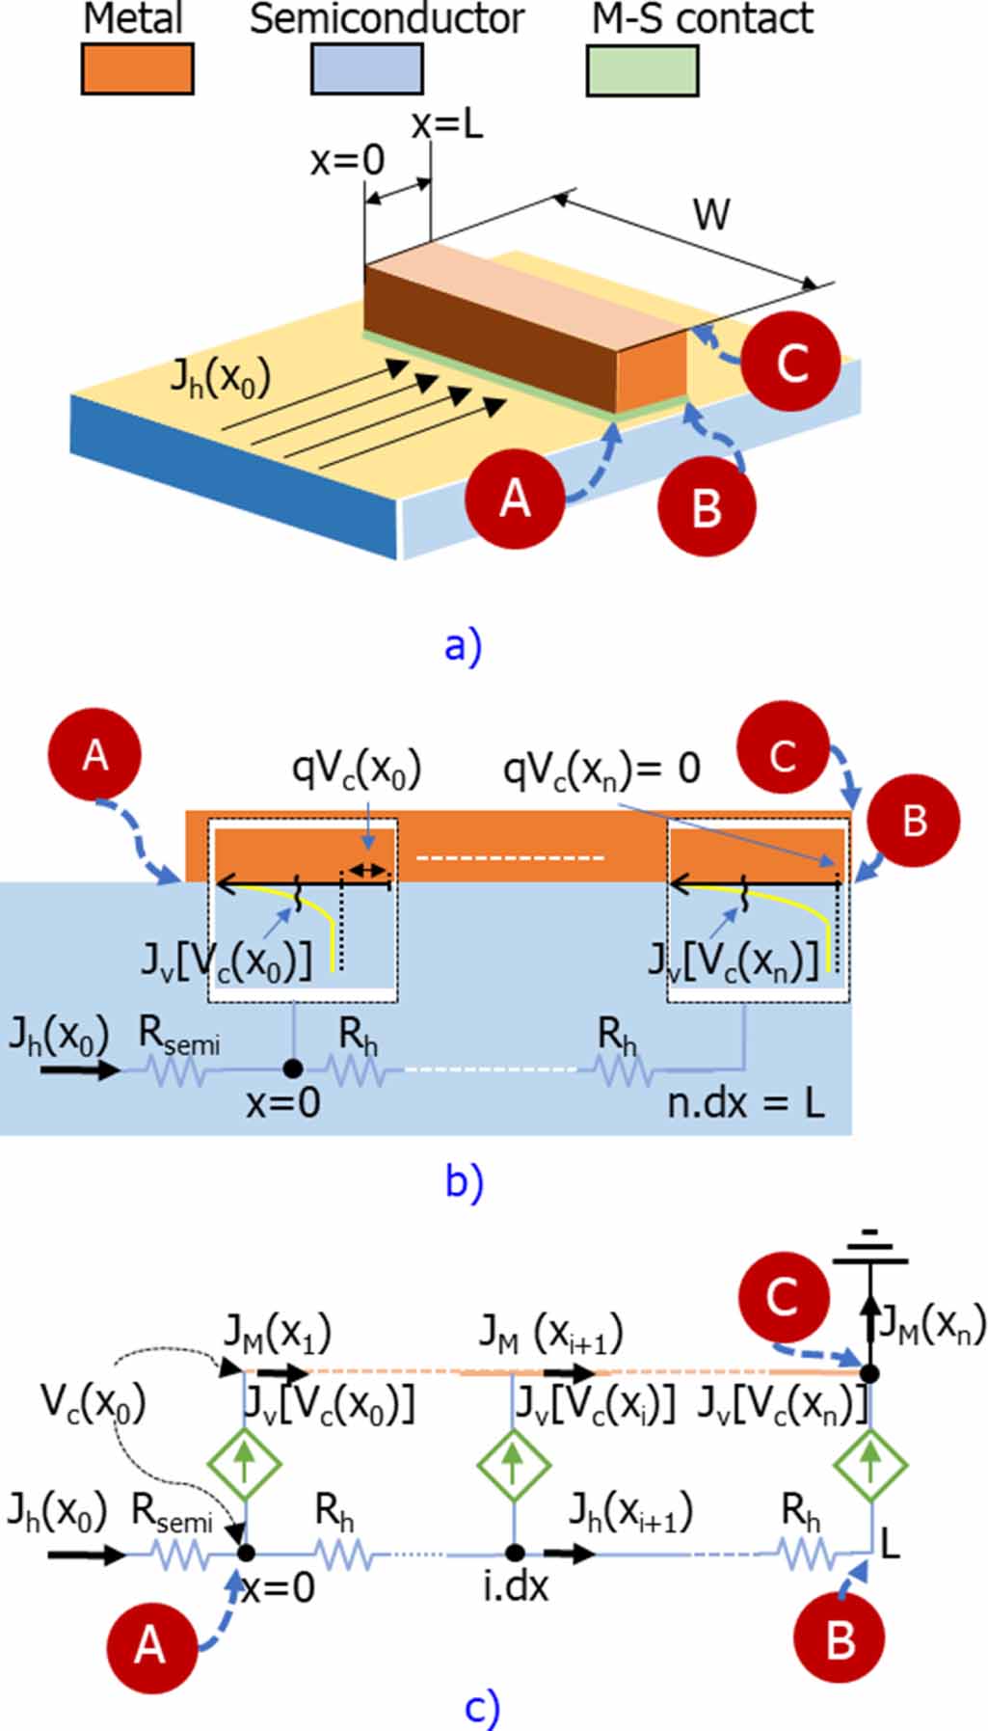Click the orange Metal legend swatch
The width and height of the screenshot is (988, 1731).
pos(137,69)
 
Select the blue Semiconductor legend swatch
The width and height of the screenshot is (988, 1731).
pos(366,69)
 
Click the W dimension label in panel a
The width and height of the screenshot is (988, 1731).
pos(711,214)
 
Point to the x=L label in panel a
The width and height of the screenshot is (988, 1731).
pos(447,125)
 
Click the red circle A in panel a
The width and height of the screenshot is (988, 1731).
pos(514,499)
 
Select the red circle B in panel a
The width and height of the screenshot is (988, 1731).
pos(707,506)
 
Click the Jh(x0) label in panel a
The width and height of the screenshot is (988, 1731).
pos(220,376)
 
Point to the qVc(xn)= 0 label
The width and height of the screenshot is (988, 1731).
pos(601,769)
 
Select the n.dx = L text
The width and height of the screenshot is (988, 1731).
pos(746,1102)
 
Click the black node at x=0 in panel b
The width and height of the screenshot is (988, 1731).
pos(293,1068)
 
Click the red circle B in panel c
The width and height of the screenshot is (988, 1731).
pos(840,1638)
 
